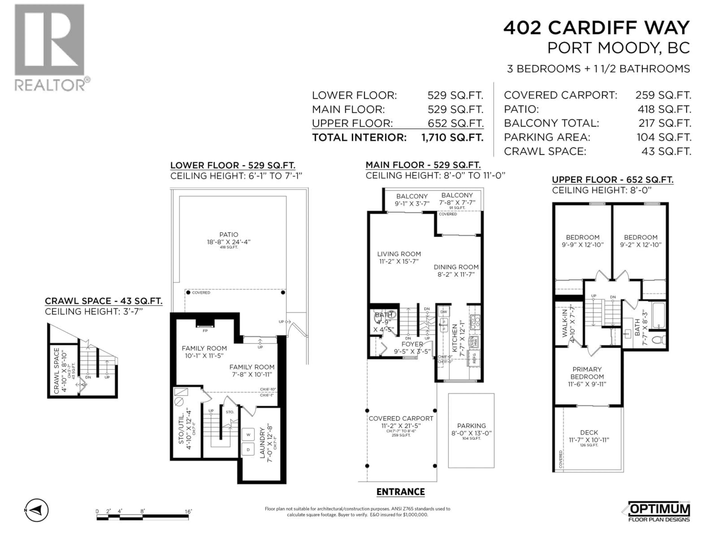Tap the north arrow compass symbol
[37, 511]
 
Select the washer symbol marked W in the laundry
[248, 435]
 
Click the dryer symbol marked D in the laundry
[248, 450]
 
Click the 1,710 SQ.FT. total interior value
[452, 138]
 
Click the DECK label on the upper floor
[589, 432]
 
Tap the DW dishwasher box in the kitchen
[443, 312]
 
